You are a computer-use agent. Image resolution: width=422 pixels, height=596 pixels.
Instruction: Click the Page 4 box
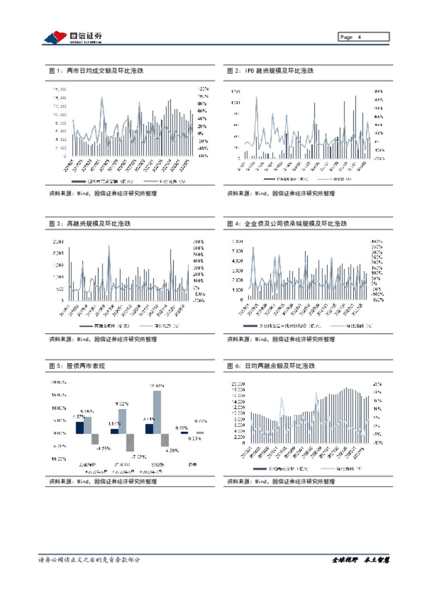pyautogui.click(x=364, y=37)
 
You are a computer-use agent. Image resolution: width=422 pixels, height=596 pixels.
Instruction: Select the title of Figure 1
pyautogui.click(x=97, y=71)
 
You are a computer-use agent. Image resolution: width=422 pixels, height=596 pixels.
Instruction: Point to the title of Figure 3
pyautogui.click(x=90, y=223)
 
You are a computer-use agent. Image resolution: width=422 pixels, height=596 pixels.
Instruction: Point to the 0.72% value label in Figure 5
pyautogui.click(x=201, y=420)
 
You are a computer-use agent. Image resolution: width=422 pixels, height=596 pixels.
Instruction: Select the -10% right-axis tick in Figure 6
pyautogui.click(x=377, y=442)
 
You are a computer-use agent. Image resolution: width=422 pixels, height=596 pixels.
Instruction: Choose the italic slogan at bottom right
pyautogui.click(x=360, y=560)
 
